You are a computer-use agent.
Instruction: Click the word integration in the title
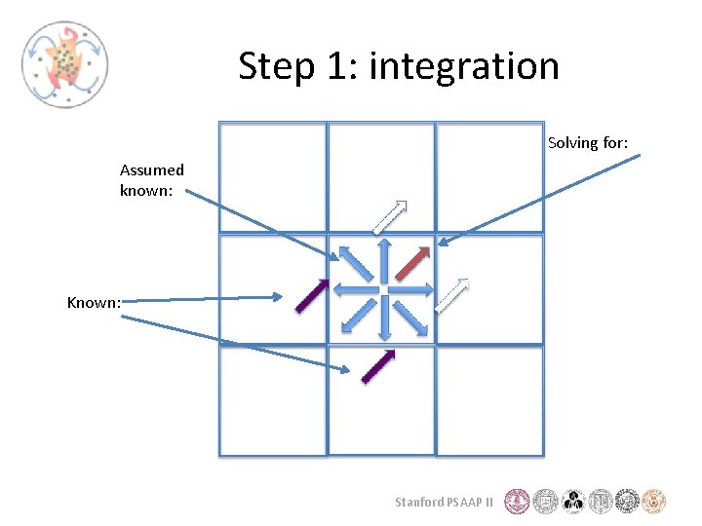point(464,66)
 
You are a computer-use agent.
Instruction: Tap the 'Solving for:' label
point(587,143)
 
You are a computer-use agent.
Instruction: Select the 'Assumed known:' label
point(151,180)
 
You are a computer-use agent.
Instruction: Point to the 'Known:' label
point(94,302)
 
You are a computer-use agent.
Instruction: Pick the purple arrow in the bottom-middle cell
point(378,366)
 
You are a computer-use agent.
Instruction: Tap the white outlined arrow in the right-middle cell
point(451,295)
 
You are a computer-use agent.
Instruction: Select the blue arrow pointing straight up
point(384,259)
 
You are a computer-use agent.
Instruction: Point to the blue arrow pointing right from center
point(414,289)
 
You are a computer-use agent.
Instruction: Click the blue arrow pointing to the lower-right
point(409,316)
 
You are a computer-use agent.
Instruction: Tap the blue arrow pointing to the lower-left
point(359,316)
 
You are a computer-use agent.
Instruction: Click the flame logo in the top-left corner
point(64,63)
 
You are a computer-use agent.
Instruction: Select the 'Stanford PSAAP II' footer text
point(444,503)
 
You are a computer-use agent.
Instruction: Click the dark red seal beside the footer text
point(518,502)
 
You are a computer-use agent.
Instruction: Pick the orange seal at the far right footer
point(654,502)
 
